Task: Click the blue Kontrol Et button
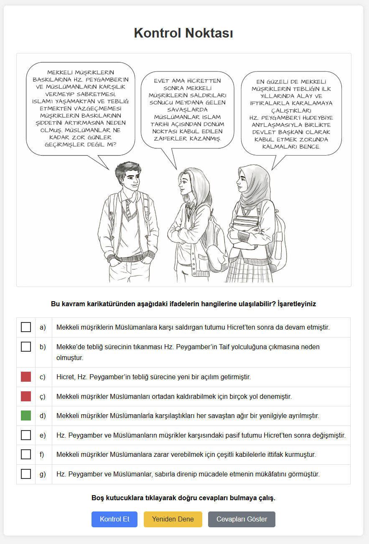tap(115, 519)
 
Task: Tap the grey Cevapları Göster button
tap(242, 519)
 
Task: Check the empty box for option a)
tap(26, 327)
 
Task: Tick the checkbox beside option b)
tap(26, 347)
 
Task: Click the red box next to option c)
tap(26, 377)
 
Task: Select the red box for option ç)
tap(26, 396)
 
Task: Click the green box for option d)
tap(26, 416)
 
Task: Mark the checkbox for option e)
tap(26, 435)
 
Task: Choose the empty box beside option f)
tap(26, 454)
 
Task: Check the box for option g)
tap(26, 474)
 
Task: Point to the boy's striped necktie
tap(128, 208)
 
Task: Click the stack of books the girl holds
tap(246, 232)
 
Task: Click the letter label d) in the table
tap(43, 416)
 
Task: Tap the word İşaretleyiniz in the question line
tap(297, 304)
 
